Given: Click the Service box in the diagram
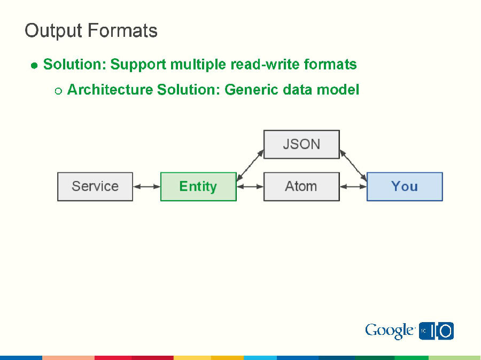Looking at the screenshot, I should click(x=95, y=186).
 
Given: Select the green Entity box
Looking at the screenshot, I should click(x=198, y=186).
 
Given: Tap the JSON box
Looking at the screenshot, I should click(x=301, y=144).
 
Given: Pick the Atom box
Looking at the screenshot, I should click(x=301, y=186).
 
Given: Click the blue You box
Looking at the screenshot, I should click(x=405, y=186).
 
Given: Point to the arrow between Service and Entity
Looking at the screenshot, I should click(x=146, y=186).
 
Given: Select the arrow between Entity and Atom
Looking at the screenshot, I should click(x=250, y=186).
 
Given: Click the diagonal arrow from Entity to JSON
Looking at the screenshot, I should click(x=250, y=165).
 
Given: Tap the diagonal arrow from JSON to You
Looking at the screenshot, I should click(x=353, y=165).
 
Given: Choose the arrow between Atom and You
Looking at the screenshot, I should click(x=353, y=186).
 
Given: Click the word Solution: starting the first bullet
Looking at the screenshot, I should click(x=74, y=65).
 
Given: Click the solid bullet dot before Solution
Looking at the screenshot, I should click(x=34, y=66).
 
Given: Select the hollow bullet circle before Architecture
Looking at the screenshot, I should click(x=58, y=90).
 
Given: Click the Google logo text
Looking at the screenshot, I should click(x=390, y=331).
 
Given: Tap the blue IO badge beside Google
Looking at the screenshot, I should click(x=436, y=331).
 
